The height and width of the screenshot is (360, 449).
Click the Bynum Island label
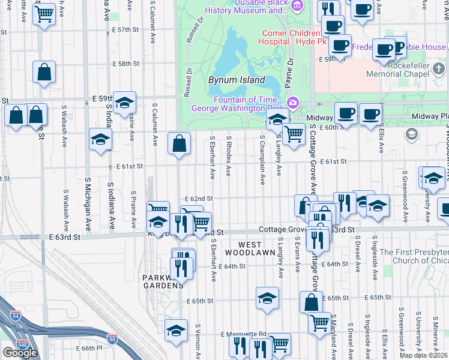[x=237, y=80]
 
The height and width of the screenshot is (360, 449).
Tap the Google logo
[x=20, y=352]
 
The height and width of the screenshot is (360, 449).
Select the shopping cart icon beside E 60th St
[x=294, y=134]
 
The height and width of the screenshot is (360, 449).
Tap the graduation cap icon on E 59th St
[x=124, y=103]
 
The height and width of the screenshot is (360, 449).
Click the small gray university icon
[x=412, y=134]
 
